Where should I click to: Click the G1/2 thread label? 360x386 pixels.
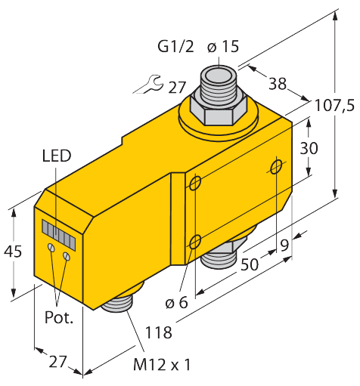pyautogui.click(x=175, y=48)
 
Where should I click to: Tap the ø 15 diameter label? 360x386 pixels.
pyautogui.click(x=222, y=48)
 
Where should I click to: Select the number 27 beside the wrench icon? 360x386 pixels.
pyautogui.click(x=177, y=87)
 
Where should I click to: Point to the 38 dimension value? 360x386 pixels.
pyautogui.click(x=278, y=84)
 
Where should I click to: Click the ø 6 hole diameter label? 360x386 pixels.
pyautogui.click(x=177, y=303)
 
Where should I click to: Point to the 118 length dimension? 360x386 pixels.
pyautogui.click(x=158, y=332)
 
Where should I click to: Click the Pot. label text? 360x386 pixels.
pyautogui.click(x=58, y=317)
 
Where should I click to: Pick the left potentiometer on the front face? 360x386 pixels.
pyautogui.click(x=51, y=248)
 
